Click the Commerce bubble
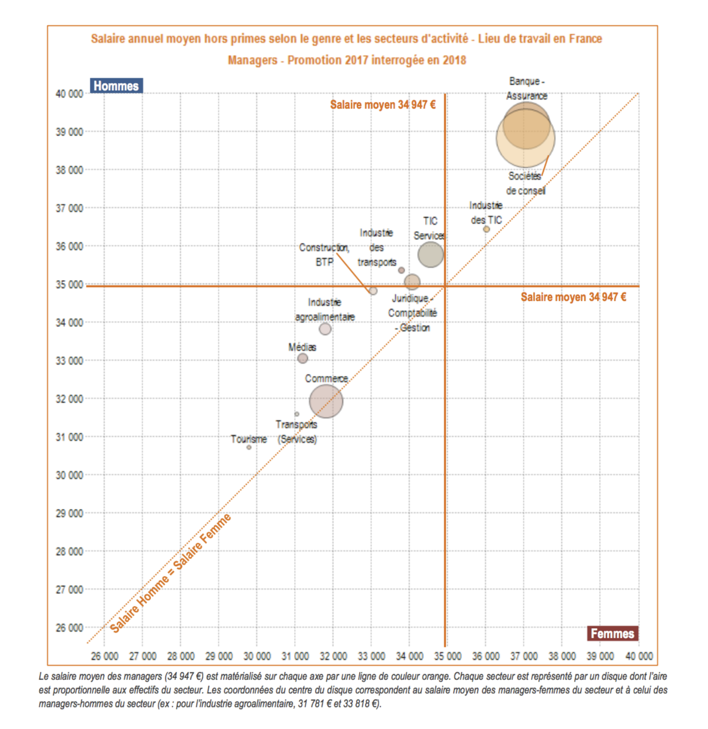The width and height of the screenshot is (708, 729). click(x=326, y=401)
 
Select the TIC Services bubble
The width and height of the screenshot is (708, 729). click(x=430, y=255)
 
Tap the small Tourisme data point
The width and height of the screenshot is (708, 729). click(x=249, y=448)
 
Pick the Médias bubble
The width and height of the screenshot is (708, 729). click(x=303, y=359)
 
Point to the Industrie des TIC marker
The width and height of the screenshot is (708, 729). click(x=486, y=230)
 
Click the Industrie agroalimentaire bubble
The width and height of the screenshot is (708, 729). click(x=325, y=329)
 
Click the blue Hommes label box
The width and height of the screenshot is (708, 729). click(x=116, y=86)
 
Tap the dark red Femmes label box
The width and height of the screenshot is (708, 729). click(x=612, y=633)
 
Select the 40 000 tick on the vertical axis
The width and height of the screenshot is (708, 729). click(x=69, y=94)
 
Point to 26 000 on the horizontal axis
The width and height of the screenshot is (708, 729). click(x=104, y=656)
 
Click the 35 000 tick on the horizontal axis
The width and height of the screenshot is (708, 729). click(x=447, y=656)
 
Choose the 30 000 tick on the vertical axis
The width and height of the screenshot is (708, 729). click(x=69, y=475)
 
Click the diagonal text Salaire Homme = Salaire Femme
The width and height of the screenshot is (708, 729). click(x=171, y=574)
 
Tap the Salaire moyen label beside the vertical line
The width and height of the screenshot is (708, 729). click(x=383, y=105)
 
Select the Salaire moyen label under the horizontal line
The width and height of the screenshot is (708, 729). click(x=573, y=297)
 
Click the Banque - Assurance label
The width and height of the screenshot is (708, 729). click(x=526, y=89)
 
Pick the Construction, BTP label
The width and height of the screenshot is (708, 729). click(x=324, y=255)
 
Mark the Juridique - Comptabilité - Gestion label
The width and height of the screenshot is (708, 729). click(x=412, y=313)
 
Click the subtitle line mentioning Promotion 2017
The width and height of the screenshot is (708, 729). click(x=347, y=60)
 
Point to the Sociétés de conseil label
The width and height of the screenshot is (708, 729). click(x=526, y=183)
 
